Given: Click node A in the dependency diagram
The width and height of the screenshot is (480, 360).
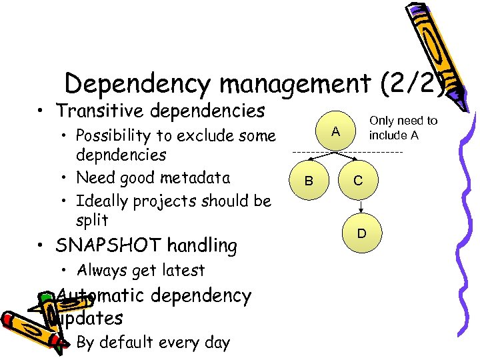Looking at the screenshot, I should click(337, 132).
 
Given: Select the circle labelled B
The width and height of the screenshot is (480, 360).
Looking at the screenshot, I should click(308, 181).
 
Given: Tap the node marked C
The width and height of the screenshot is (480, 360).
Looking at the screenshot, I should click(358, 181).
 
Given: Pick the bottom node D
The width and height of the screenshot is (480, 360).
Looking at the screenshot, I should click(361, 234).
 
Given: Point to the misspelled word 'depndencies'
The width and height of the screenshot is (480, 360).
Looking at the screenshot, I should click(121, 155).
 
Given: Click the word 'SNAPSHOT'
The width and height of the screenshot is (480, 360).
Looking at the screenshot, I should click(109, 246).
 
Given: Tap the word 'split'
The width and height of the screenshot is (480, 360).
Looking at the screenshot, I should click(92, 220).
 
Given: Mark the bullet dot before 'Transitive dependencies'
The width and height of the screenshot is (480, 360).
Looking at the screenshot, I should click(41, 111).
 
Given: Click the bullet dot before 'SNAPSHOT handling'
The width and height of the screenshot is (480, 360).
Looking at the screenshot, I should click(41, 247).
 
